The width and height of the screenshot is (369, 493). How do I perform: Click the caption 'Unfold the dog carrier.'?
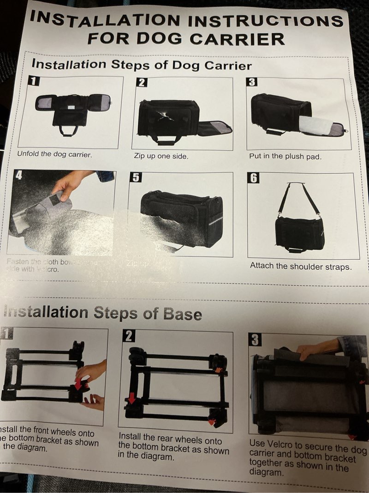click(x=54, y=154)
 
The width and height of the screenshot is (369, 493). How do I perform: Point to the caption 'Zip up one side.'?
click(x=161, y=156)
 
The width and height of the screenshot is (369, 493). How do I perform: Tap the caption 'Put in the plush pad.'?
click(x=285, y=156)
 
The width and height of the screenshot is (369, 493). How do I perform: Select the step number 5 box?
click(x=137, y=177)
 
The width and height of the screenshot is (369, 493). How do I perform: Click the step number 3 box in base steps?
click(x=255, y=340)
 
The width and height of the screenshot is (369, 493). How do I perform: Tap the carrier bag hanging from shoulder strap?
click(x=299, y=233)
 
